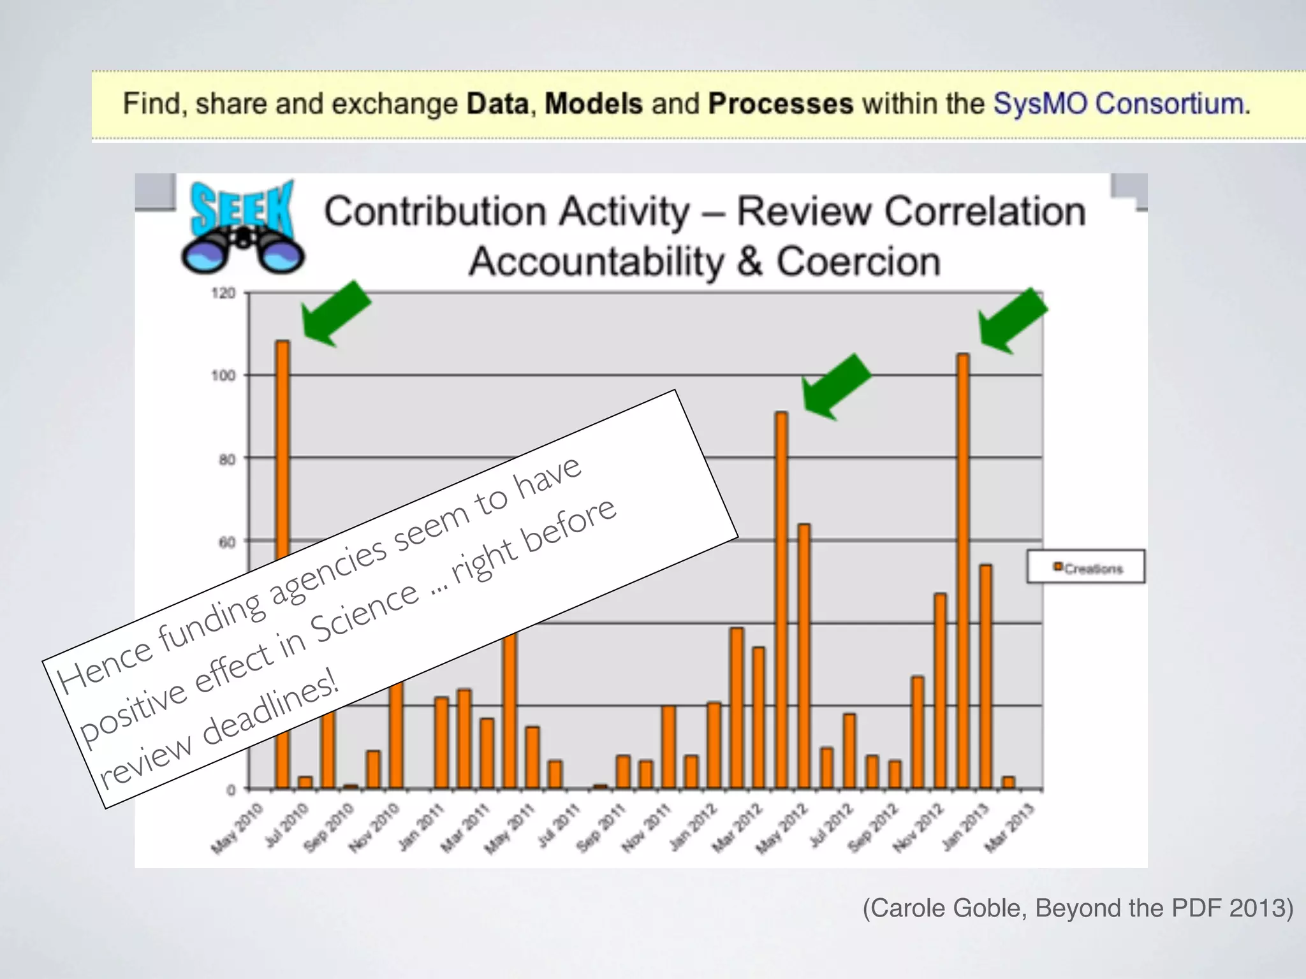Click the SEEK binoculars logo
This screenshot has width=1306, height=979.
pos(242,229)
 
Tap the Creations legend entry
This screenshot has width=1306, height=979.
pos(1087,568)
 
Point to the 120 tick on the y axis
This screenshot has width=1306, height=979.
pos(223,293)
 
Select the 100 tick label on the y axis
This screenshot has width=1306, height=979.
pos(223,375)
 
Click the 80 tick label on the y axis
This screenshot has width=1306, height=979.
pos(227,459)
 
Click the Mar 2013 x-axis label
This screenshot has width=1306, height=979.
pos(1009,829)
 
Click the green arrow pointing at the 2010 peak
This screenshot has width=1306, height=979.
pos(335,314)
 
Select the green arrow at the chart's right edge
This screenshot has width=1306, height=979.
pos(1013,321)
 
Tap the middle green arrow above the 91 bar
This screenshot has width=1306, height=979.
pos(835,388)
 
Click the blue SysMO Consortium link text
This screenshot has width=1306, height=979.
pos(1121,104)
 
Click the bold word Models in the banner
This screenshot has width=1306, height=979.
pos(593,104)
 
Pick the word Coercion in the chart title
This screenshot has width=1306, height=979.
pos(858,262)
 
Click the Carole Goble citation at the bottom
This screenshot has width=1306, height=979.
pos(1078,908)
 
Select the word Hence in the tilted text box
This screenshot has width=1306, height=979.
pos(105,666)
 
